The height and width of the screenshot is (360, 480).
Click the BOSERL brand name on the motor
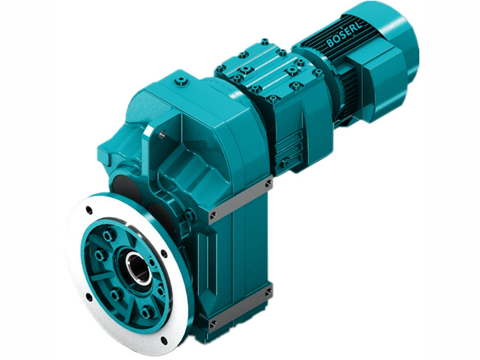pyautogui.click(x=344, y=35)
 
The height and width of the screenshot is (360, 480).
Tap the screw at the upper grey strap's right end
pyautogui.click(x=268, y=182)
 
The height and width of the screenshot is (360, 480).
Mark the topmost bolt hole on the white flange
pyautogui.click(x=89, y=209)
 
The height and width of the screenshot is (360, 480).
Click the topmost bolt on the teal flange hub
pyautogui.click(x=109, y=235)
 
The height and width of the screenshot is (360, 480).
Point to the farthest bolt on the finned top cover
pyautogui.click(x=265, y=42)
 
